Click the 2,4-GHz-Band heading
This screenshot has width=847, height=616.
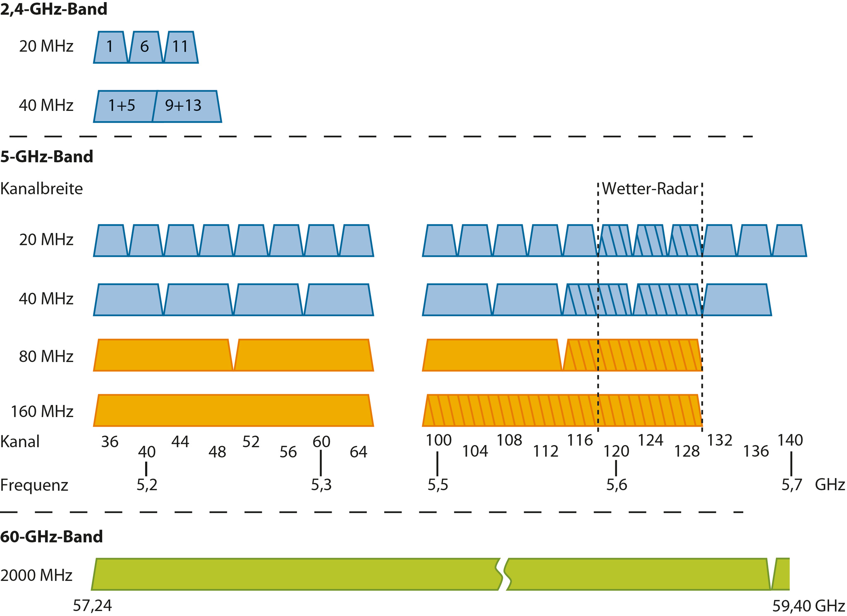pyautogui.click(x=54, y=9)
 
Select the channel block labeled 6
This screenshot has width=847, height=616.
pyautogui.click(x=145, y=47)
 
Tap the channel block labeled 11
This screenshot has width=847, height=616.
pyautogui.click(x=180, y=47)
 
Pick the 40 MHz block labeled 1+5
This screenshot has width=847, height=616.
pyautogui.click(x=122, y=106)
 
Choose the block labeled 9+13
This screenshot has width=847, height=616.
pyautogui.click(x=184, y=106)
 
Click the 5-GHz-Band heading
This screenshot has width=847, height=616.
pyautogui.click(x=47, y=157)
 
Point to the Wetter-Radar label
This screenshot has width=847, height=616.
pyautogui.click(x=650, y=189)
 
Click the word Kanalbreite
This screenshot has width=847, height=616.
pyautogui.click(x=41, y=189)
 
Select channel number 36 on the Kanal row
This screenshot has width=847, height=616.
pyautogui.click(x=110, y=442)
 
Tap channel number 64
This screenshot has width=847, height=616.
pyautogui.click(x=358, y=452)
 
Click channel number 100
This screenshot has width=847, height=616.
pyautogui.click(x=438, y=440)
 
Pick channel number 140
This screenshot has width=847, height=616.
pyautogui.click(x=790, y=440)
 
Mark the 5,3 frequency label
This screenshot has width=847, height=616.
pyautogui.click(x=321, y=485)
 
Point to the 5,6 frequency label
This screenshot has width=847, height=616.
pyautogui.click(x=617, y=485)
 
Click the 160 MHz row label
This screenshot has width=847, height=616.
pyautogui.click(x=42, y=412)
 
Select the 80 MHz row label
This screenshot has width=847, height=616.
pyautogui.click(x=46, y=356)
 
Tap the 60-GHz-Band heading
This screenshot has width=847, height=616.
pyautogui.click(x=51, y=537)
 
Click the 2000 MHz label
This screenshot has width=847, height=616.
pyautogui.click(x=36, y=575)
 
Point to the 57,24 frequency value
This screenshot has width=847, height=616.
pyautogui.click(x=92, y=606)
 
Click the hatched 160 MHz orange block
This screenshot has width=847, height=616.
pyautogui.click(x=562, y=410)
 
